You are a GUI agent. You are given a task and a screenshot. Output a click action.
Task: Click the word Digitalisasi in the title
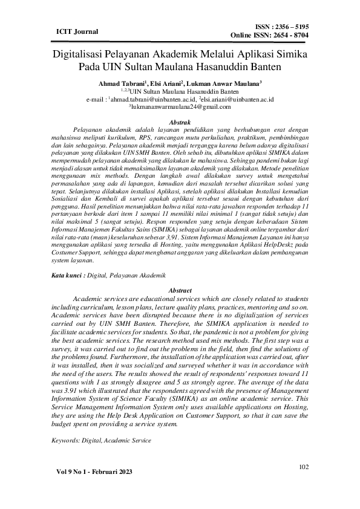point(82,54)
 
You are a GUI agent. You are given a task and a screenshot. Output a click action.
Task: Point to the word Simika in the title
point(290,54)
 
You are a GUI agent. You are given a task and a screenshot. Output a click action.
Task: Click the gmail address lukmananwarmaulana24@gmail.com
point(180,106)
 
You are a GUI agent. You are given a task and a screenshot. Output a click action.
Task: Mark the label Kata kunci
point(67,275)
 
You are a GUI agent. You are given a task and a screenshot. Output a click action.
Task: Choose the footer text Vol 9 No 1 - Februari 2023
point(94,471)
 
